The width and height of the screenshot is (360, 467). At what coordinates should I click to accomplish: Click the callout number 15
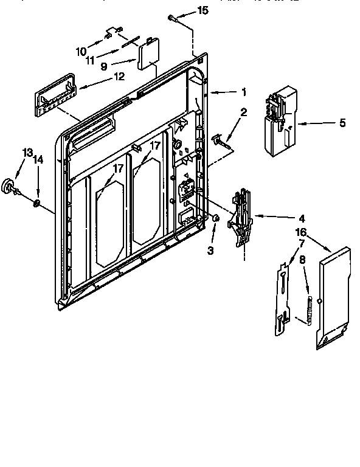tap(202, 10)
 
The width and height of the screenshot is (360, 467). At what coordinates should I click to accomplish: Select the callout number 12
tap(119, 77)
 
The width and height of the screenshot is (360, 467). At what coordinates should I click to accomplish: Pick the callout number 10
tap(81, 52)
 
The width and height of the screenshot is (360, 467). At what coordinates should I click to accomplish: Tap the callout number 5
tap(342, 123)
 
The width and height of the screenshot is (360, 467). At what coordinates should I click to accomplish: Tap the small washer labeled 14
tap(37, 202)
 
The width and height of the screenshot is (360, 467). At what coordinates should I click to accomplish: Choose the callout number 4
tap(302, 218)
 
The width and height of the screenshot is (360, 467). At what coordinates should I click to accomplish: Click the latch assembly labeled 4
tap(240, 216)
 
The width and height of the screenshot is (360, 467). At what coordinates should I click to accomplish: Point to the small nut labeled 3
tap(216, 218)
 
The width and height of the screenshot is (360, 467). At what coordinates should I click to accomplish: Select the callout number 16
tap(300, 232)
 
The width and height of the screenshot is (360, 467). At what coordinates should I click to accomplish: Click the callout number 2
tap(243, 112)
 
